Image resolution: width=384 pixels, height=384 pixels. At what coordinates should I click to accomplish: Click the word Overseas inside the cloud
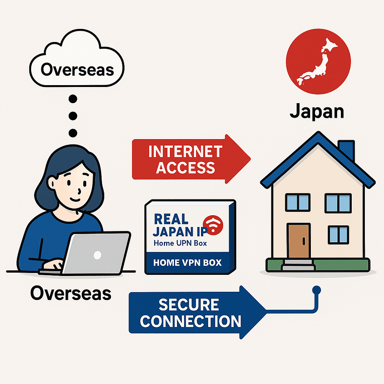(77, 69)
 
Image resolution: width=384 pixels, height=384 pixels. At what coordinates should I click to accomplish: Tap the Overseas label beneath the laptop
(70, 293)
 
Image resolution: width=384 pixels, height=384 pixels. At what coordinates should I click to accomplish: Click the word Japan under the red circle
(317, 111)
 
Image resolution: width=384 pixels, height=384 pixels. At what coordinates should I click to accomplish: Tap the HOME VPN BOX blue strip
(187, 262)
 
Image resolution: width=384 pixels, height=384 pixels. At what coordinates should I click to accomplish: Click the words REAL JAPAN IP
(176, 225)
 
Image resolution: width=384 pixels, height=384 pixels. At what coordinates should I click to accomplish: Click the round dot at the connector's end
(316, 290)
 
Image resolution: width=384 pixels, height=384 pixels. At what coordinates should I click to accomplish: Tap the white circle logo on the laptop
(97, 255)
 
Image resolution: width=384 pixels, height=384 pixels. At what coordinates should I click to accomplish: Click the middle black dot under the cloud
(73, 115)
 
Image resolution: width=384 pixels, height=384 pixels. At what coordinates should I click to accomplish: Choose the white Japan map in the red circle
(317, 62)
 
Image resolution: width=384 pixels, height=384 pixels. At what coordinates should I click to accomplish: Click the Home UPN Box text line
(180, 243)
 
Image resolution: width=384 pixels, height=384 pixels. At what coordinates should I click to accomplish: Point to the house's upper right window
(337, 202)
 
